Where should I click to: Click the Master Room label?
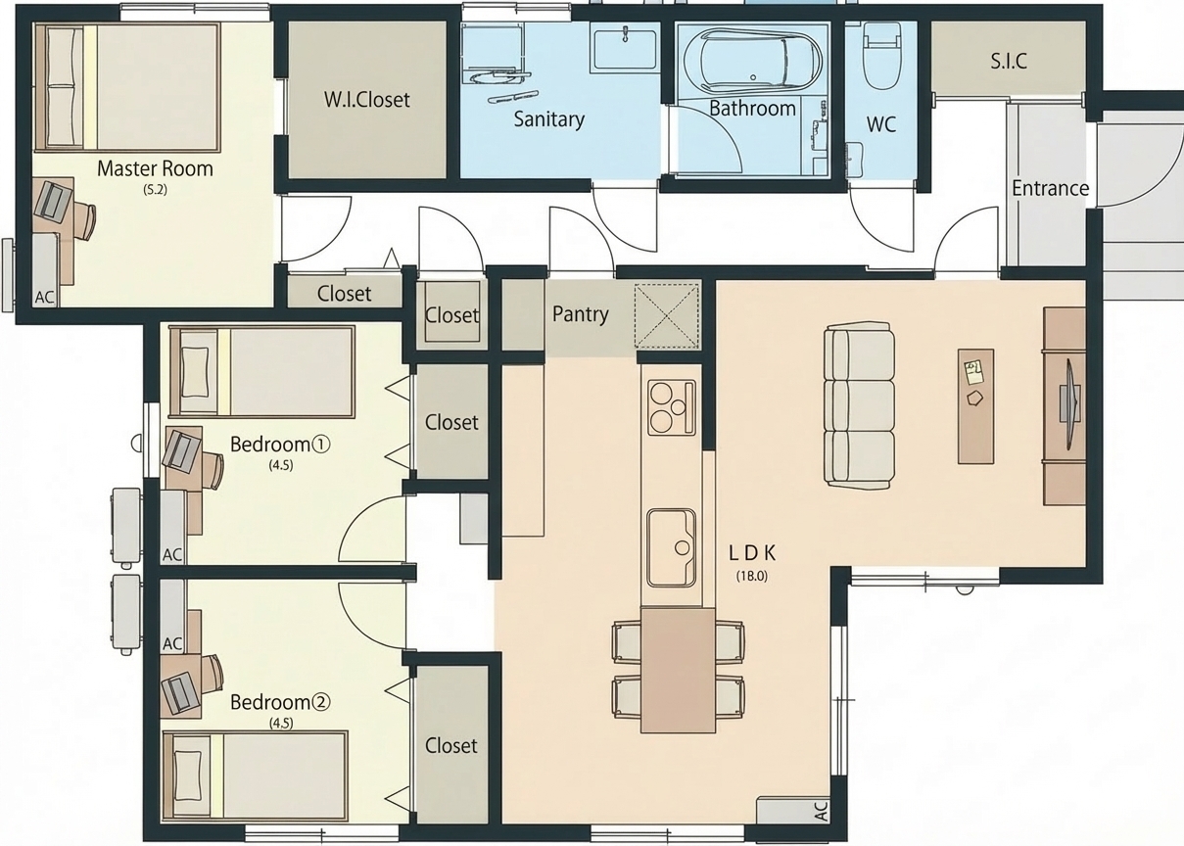155,169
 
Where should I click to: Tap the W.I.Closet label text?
367,100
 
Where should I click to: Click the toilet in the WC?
881,56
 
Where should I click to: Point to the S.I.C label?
1009,62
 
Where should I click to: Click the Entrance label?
1050,189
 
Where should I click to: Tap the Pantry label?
581,315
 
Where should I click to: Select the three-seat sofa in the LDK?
860,405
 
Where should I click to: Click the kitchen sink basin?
671,548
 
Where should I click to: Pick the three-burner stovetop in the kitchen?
672,407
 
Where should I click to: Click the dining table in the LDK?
678,670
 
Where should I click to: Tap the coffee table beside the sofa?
975,406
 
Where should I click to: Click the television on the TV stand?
1068,404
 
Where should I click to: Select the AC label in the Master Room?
45,298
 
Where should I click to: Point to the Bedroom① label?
280,445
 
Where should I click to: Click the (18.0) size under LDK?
751,576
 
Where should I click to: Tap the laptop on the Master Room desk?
53,201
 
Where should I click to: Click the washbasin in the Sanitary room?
626,50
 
